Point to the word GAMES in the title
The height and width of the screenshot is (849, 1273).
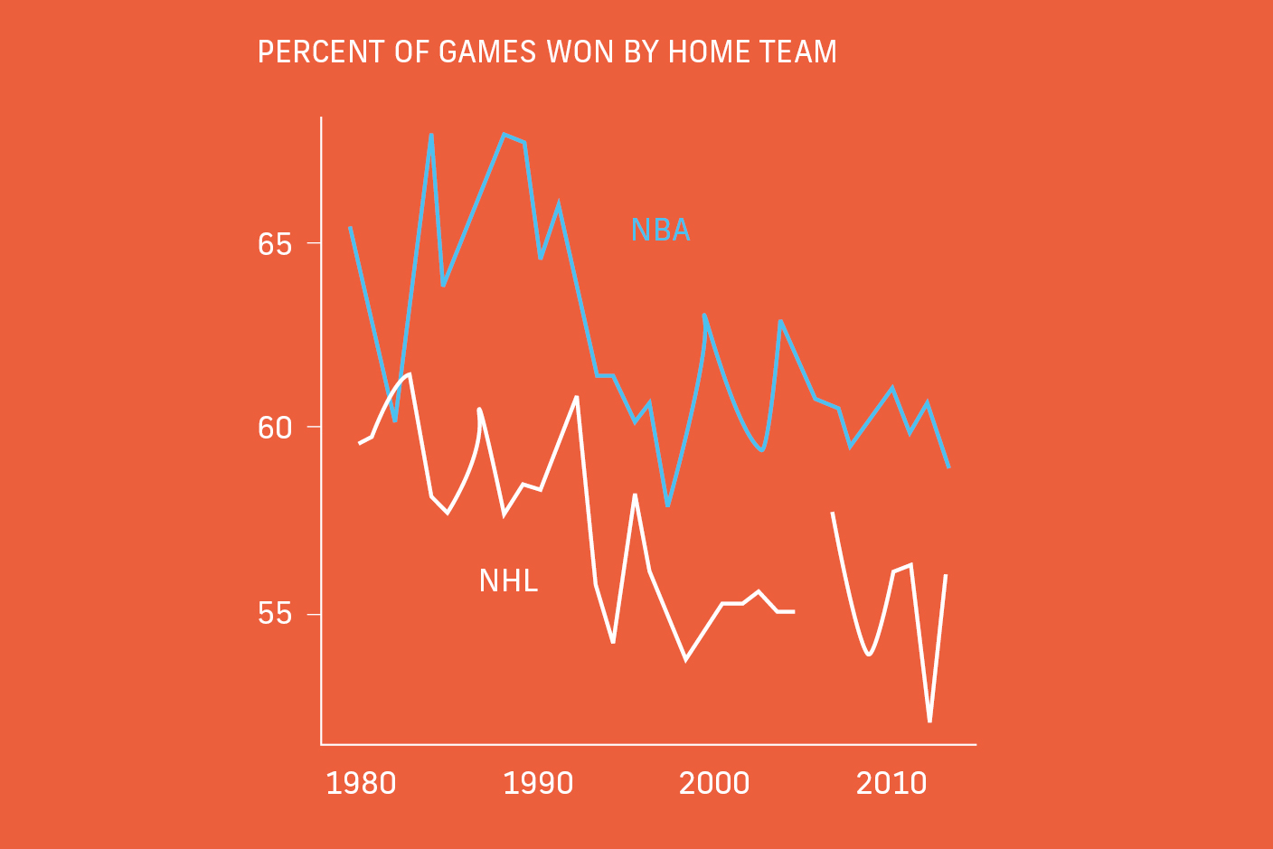[488, 52]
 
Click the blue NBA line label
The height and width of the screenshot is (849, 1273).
[660, 231]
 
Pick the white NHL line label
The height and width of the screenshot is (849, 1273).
[508, 580]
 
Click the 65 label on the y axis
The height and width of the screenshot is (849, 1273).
[275, 244]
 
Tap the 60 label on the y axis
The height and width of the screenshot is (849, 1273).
[275, 428]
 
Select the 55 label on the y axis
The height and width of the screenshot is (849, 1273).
[275, 614]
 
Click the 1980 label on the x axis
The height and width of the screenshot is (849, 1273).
[361, 783]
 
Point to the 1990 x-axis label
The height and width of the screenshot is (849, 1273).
[538, 783]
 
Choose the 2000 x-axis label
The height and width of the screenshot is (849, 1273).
[714, 783]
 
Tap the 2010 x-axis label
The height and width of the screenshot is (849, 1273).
[891, 783]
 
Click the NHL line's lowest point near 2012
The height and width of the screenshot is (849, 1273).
[929, 721]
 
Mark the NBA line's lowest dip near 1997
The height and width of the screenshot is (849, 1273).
[667, 505]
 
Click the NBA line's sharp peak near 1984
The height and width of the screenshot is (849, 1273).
[431, 135]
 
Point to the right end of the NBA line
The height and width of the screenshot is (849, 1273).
[948, 467]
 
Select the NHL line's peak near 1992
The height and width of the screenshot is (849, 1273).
[577, 397]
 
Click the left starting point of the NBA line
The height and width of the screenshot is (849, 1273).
[350, 228]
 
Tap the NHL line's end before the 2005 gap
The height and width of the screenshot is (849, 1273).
[793, 612]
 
